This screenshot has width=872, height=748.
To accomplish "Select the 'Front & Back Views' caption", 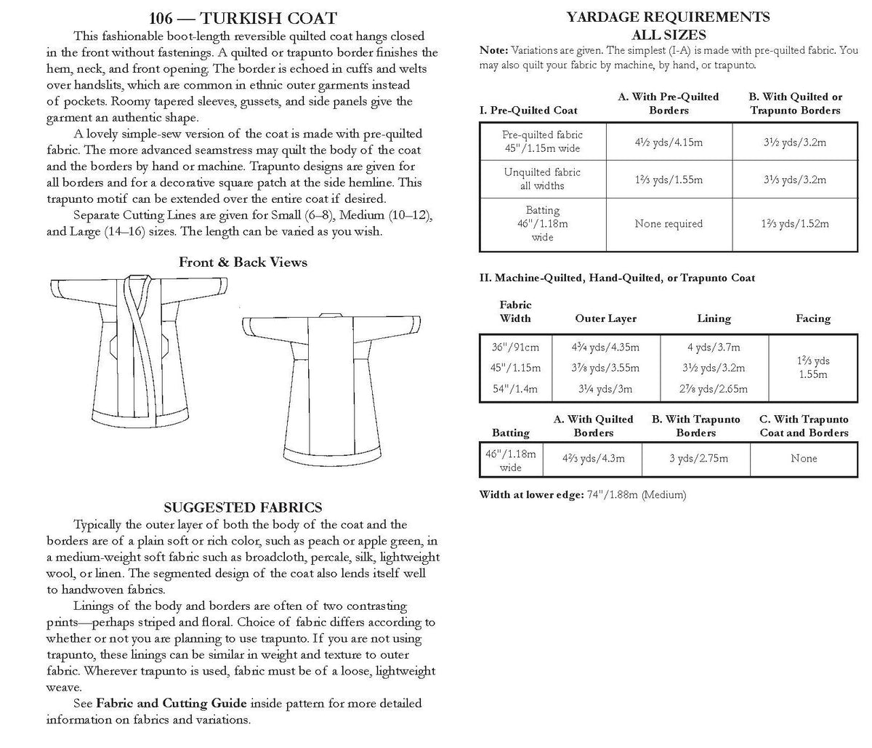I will coord(243,262).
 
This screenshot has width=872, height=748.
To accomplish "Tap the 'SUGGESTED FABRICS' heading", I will coord(243,507).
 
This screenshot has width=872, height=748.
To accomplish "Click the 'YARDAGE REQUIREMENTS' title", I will coord(668,17).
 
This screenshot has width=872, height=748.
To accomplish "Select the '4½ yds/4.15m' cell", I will coord(668,142).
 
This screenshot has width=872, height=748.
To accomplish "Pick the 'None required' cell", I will coord(668,224).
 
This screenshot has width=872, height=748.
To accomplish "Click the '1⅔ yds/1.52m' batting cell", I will coord(794,224).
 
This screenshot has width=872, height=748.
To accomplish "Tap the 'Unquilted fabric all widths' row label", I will coord(542,179).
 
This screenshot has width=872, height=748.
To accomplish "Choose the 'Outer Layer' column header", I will coord(605,318).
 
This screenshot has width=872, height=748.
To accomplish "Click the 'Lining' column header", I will coord(714,318).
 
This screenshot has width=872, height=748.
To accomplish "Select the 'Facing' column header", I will coord(812,318).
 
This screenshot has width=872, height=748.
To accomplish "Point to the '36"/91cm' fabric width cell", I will coord(514,347).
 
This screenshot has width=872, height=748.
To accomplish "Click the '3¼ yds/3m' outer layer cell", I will coord(605,388).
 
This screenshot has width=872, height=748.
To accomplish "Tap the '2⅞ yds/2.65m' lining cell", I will coord(714,388).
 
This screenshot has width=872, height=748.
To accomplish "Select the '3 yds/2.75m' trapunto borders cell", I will coord(695,459).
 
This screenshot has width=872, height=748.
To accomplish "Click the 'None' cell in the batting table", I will coord(804,459).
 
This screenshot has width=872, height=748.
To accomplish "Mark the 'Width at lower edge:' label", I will coord(529,495).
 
